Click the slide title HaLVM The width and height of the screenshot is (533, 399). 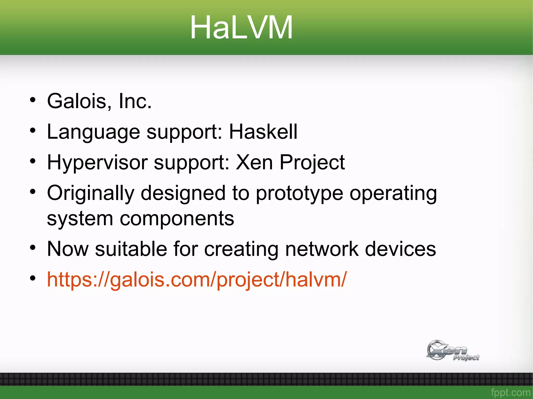tap(241, 27)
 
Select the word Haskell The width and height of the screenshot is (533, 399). tap(263, 132)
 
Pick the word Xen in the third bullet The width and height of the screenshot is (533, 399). tap(254, 162)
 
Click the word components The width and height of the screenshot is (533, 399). tap(177, 219)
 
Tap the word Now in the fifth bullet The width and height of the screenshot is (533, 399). tap(68, 249)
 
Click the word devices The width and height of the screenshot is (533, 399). tap(400, 249)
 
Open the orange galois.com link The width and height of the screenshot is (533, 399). tap(196, 280)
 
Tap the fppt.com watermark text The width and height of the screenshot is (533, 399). tap(510, 392)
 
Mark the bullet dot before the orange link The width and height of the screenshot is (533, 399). tap(33, 278)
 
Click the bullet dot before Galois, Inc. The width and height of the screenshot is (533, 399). tap(33, 100)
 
